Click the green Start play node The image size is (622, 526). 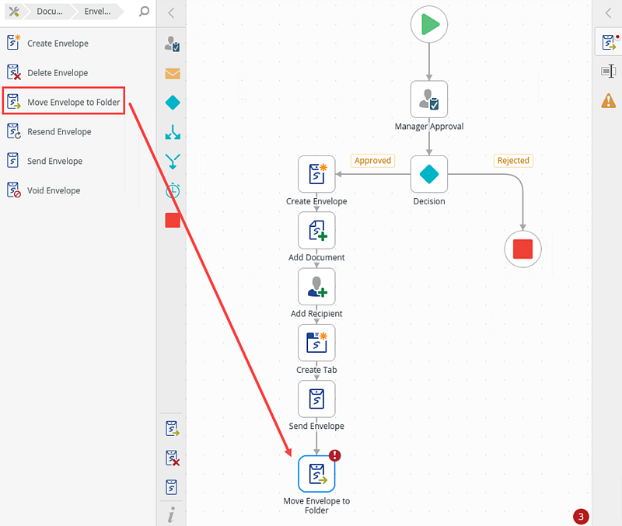coord(429,25)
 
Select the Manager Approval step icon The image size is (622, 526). coord(429,99)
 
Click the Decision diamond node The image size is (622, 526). coord(429,174)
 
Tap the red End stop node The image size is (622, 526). coord(522,249)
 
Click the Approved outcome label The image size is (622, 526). coord(372,161)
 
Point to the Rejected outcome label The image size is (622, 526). coord(513,161)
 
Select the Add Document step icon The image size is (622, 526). coord(316,230)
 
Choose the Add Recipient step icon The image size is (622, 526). coord(316,286)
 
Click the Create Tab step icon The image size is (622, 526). coord(316,342)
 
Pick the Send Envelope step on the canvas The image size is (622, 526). coord(316,399)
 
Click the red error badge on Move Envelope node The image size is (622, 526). coord(335,456)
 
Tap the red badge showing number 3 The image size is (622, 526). coord(580,516)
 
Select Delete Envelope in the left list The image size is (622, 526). coord(58,73)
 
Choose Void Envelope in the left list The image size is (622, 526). coord(54,190)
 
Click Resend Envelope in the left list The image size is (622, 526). coord(59,132)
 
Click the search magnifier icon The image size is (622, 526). coord(144,12)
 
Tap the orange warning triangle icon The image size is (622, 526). coord(608,100)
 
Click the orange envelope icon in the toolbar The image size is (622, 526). coord(173,74)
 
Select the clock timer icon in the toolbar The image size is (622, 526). coord(173,190)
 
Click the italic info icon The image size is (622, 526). coord(171,514)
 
